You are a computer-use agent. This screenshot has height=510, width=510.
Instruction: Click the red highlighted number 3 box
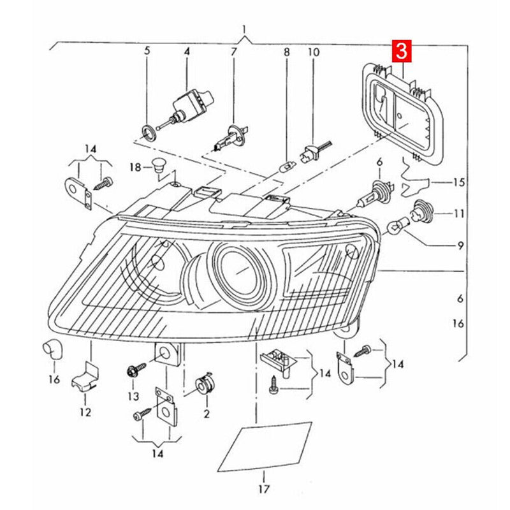(x=402, y=51)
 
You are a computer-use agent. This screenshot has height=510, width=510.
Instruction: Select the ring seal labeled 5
(x=149, y=132)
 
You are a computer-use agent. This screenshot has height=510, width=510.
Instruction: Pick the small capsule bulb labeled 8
(x=287, y=168)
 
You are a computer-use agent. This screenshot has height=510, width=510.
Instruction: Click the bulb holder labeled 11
(x=422, y=212)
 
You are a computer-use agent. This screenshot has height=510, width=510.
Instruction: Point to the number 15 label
(x=458, y=182)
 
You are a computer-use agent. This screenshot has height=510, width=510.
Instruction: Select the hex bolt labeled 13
(x=136, y=370)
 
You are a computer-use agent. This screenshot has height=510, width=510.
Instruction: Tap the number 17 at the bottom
(x=264, y=488)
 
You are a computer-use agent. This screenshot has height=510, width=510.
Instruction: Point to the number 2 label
(x=207, y=414)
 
